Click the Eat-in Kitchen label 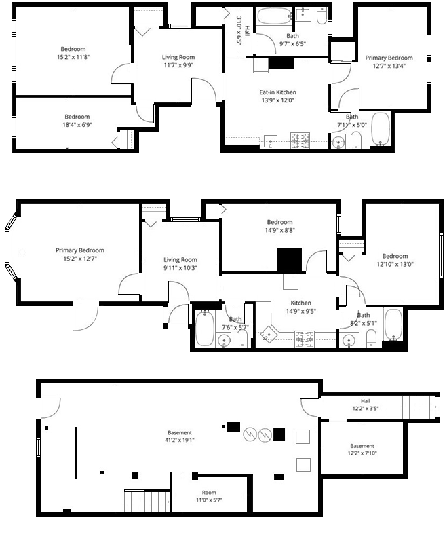[x=278, y=92]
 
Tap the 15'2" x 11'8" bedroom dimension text [x=73, y=57]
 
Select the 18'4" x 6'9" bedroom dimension [x=77, y=125]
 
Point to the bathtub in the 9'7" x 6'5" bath [x=275, y=16]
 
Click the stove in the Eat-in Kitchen [x=300, y=141]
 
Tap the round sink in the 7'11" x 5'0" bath [x=338, y=143]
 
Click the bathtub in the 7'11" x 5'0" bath [x=381, y=128]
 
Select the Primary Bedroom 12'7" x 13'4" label [x=389, y=62]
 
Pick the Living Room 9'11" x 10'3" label [x=180, y=263]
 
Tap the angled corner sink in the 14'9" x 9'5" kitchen [x=269, y=334]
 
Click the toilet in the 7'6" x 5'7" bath [x=242, y=338]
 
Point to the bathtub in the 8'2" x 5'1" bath [x=393, y=324]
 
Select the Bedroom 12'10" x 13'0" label [x=395, y=260]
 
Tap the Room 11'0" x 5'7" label [x=209, y=496]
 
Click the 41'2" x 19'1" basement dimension [x=180, y=440]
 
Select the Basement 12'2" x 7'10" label [x=362, y=449]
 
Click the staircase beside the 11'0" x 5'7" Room [x=147, y=501]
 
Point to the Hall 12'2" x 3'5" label [x=366, y=405]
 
